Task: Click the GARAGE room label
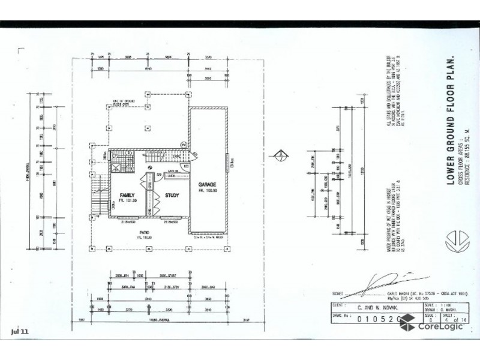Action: click(208, 185)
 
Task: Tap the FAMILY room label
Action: click(126, 196)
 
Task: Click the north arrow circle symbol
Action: click(278, 157)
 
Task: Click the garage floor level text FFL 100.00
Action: click(208, 191)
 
